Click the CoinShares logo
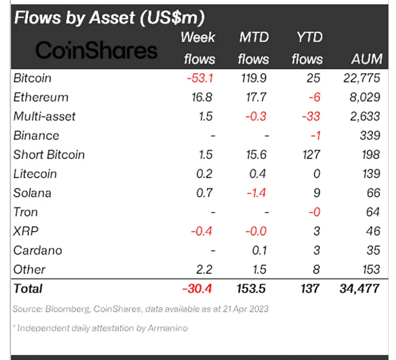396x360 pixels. pyautogui.click(x=97, y=50)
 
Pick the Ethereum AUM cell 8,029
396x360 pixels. pyautogui.click(x=363, y=97)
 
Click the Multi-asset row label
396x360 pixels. pyautogui.click(x=45, y=116)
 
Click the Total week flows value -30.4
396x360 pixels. pyautogui.click(x=198, y=288)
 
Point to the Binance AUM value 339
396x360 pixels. pyautogui.click(x=369, y=136)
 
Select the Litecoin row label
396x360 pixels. pyautogui.click(x=35, y=174)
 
